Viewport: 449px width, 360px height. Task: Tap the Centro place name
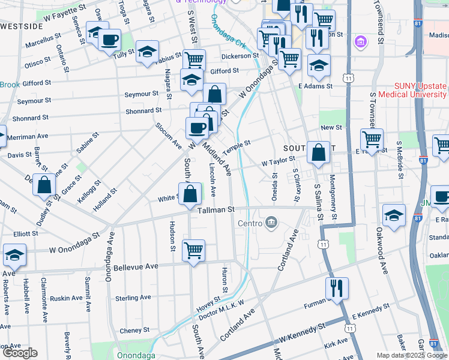click(x=250, y=224)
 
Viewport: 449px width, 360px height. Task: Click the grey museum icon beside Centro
click(x=271, y=224)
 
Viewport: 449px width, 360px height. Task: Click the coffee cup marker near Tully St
click(x=109, y=40)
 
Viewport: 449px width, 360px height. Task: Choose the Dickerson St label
click(x=240, y=56)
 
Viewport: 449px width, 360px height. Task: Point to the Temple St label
click(x=236, y=146)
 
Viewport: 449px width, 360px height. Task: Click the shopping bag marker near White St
click(x=190, y=194)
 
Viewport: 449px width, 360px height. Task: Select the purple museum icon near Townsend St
click(x=361, y=41)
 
